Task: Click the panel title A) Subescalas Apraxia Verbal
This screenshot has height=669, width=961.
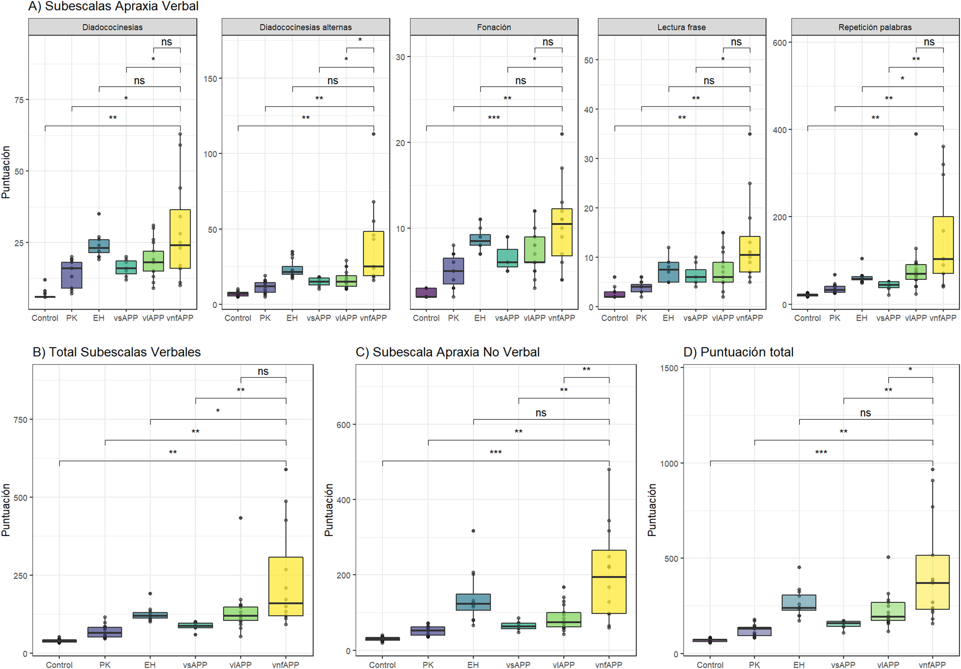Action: (x=113, y=6)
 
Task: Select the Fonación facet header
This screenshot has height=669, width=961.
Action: (x=494, y=27)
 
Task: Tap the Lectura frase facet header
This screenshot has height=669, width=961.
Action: (x=681, y=27)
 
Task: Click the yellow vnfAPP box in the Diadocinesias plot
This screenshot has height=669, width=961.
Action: (x=180, y=239)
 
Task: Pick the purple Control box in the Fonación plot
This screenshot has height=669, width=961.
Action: (x=426, y=292)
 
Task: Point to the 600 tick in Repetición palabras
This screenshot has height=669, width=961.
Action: (x=779, y=43)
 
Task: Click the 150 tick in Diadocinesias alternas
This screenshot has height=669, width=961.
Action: (x=210, y=79)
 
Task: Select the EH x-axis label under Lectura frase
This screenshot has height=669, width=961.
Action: (x=668, y=318)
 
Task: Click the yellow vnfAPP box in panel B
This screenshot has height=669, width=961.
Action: (x=286, y=586)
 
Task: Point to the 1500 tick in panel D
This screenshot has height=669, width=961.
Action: (x=669, y=368)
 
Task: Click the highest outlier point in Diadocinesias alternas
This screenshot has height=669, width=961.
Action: (x=373, y=134)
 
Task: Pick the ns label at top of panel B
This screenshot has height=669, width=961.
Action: (x=263, y=371)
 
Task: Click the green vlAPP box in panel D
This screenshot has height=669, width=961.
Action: (x=888, y=611)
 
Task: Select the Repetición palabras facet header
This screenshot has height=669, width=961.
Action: (x=875, y=27)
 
